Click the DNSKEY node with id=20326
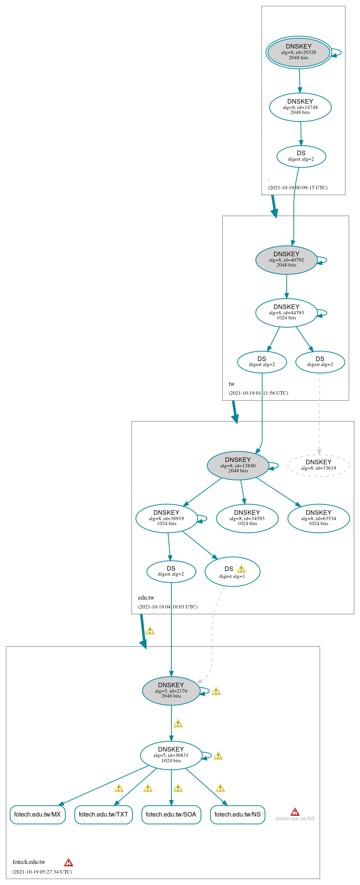coord(298,52)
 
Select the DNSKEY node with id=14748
coord(300,107)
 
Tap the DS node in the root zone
coord(301,156)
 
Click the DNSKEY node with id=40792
coord(286,260)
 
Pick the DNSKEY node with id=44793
coord(286,312)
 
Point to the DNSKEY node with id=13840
coord(238,465)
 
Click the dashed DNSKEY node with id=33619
coord(318,465)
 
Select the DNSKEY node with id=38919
coord(166,518)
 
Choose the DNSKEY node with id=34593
coord(247,518)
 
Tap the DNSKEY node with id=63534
coord(318,518)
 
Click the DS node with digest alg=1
coord(232,572)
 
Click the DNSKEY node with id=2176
coord(171,691)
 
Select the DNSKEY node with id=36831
coord(171,755)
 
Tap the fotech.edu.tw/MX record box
coord(37,815)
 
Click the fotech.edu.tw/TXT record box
coord(103,815)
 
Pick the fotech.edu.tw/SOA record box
coord(171,815)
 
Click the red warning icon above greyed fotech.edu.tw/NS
coord(295,812)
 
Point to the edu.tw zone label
coord(146,598)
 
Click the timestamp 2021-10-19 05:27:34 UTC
coord(42,872)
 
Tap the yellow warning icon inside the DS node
coord(241,569)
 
